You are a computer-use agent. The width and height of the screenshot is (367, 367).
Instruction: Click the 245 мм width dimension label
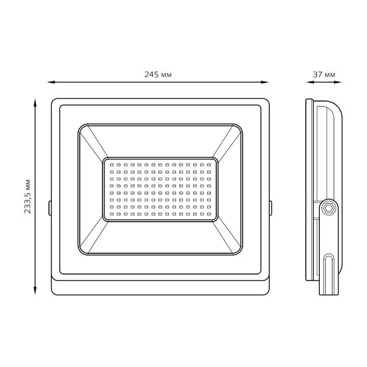point(158,75)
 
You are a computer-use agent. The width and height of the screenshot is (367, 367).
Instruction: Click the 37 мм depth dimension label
point(324,75)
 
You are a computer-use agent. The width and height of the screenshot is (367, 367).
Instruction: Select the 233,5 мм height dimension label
point(28,196)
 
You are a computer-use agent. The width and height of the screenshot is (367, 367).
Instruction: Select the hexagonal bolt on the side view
point(328,207)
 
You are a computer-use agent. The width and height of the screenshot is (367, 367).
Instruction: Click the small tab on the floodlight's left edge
point(50,207)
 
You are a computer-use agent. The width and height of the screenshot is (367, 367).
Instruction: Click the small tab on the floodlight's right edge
point(271,207)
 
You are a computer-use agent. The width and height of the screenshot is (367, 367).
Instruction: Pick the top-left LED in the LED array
point(111,165)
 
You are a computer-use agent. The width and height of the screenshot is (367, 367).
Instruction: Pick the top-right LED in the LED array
point(209,165)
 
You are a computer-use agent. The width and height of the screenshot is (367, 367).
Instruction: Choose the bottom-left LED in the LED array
point(111,214)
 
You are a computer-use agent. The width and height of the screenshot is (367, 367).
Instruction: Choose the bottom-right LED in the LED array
point(209,214)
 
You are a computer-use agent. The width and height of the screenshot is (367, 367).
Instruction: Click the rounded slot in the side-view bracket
point(328,266)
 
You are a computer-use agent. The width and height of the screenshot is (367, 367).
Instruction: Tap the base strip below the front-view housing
point(160,287)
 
